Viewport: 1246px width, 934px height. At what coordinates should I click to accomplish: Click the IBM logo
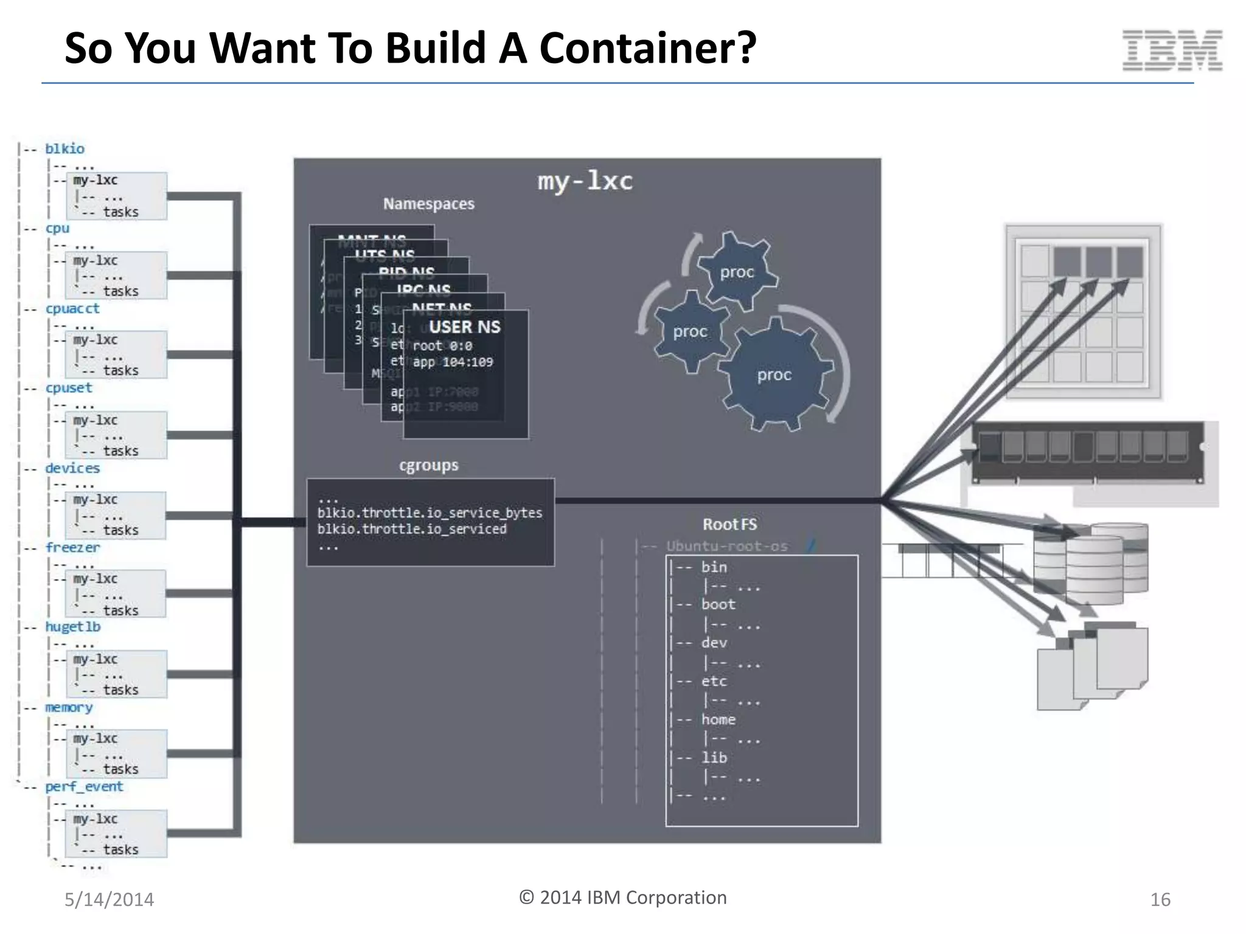1172,50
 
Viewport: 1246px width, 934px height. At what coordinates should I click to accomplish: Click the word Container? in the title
647,48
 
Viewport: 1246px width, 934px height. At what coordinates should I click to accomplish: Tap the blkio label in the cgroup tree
64,149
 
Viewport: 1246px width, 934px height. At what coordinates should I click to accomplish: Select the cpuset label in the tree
69,388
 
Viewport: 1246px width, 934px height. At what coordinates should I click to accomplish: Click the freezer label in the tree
72,547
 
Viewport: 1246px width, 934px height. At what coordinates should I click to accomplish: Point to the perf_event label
84,786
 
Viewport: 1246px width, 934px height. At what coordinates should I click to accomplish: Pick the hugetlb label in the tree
72,627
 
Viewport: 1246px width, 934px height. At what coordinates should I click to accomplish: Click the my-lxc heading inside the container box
585,181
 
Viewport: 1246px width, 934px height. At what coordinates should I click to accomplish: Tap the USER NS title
464,327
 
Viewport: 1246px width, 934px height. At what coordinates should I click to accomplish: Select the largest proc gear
774,375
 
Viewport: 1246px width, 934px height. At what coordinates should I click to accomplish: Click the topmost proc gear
737,272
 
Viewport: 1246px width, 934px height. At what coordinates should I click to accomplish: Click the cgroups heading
428,465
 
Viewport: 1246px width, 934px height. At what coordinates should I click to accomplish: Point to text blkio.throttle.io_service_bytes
430,513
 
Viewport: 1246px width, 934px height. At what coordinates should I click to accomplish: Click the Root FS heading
729,524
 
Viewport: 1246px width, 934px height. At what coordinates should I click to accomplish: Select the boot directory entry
718,604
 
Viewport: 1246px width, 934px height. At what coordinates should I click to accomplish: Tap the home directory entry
718,719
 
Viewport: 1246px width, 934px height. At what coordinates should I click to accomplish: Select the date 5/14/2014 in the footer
110,899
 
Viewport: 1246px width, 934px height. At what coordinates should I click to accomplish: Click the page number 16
1160,899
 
